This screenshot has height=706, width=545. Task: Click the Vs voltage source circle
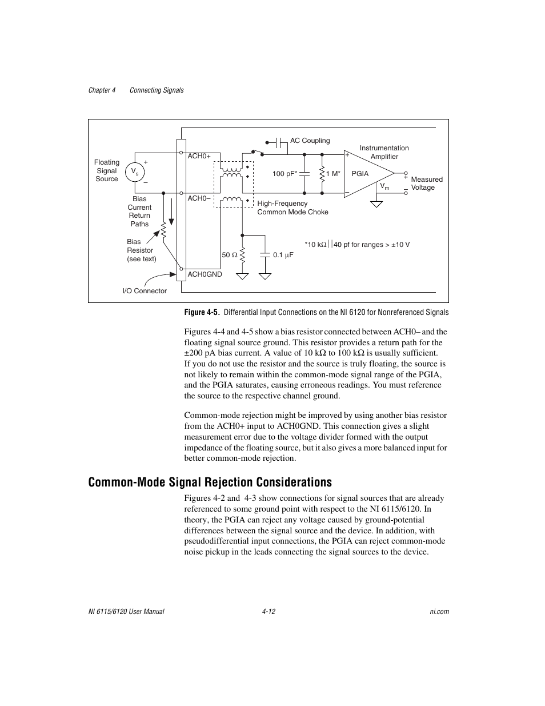pos(135,171)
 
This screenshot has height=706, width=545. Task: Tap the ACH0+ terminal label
pos(199,156)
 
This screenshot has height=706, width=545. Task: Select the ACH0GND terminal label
pos(205,274)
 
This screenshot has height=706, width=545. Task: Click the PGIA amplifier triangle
pos(366,174)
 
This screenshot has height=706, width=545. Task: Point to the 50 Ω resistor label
pos(229,255)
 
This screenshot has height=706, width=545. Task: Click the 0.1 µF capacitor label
pos(283,255)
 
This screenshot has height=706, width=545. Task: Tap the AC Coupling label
pos(310,141)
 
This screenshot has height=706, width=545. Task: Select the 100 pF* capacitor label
pos(284,173)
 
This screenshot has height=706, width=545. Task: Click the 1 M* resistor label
pos(333,173)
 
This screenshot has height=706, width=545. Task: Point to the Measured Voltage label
pos(427,184)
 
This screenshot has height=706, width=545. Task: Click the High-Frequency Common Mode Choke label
pos(292,208)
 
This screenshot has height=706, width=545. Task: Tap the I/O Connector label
pos(145,291)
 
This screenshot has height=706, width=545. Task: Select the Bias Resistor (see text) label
pos(141,250)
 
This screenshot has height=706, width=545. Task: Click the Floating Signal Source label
pos(107,170)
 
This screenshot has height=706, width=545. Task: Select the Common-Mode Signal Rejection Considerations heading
pos(210,482)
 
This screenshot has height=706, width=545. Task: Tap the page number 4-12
pos(269,612)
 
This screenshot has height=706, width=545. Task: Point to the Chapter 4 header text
pos(102,90)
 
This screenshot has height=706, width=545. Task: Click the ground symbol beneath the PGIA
pos(376,203)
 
